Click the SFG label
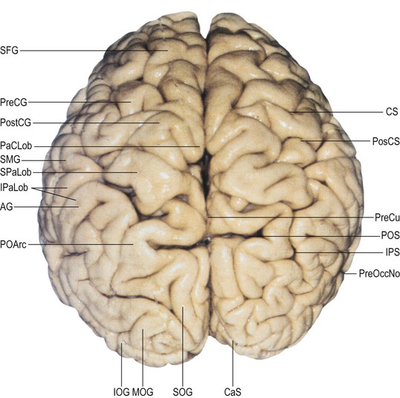click(x=9, y=50)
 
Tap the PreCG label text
click(x=13, y=102)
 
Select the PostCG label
click(x=16, y=123)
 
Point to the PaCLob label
click(x=16, y=146)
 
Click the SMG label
click(x=10, y=160)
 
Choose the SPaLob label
click(x=16, y=172)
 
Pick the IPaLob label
click(x=14, y=188)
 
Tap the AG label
click(x=7, y=206)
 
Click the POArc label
click(x=13, y=244)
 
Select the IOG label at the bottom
click(x=121, y=391)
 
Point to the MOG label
click(x=143, y=391)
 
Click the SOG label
click(x=183, y=391)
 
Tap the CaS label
click(x=233, y=391)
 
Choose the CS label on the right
click(x=392, y=111)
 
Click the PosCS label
click(x=386, y=141)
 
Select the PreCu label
click(x=387, y=218)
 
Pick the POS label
click(x=390, y=235)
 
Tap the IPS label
click(x=393, y=252)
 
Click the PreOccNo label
click(x=379, y=274)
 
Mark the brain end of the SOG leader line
click(x=183, y=307)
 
